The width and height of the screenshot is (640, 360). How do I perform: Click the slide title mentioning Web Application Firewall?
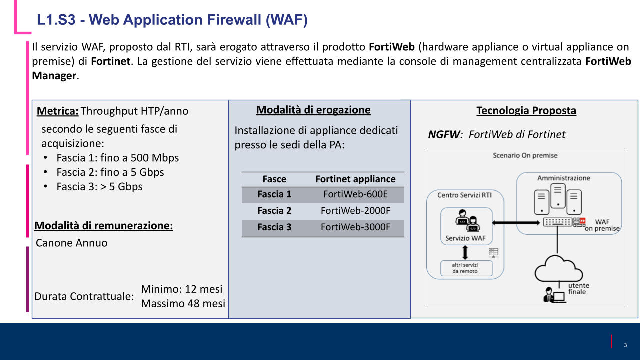tap(172, 20)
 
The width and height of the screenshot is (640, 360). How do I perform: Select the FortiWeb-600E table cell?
tap(355, 194)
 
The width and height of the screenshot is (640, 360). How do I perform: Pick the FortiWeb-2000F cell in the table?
tap(355, 211)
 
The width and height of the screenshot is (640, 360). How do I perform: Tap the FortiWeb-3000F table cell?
tap(355, 227)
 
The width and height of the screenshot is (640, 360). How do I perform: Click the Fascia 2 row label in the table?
tap(274, 211)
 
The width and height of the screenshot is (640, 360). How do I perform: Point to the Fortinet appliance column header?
tap(355, 179)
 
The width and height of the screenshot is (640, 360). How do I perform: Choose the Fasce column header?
tap(274, 179)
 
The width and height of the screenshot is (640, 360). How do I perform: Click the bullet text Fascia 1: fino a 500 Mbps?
tap(117, 158)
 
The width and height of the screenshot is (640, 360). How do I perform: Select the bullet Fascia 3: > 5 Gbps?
tap(99, 187)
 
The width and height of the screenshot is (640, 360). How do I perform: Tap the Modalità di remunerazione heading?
tap(104, 226)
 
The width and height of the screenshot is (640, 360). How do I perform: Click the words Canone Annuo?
tap(72, 243)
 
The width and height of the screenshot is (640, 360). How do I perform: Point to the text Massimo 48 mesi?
tap(183, 303)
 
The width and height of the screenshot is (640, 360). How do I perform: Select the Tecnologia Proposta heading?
tap(526, 111)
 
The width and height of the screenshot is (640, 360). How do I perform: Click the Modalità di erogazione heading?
tap(313, 110)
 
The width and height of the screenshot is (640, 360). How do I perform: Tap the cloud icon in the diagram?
tap(558, 270)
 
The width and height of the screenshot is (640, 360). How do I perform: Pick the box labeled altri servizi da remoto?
tap(466, 268)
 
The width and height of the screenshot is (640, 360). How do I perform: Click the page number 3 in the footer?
tap(625, 345)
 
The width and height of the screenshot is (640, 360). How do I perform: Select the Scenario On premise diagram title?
tap(525, 155)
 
